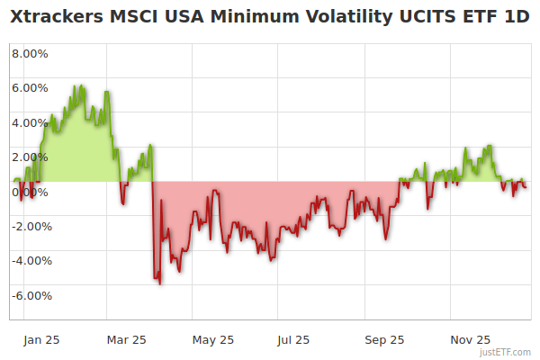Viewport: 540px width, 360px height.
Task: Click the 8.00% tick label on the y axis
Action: (30, 53)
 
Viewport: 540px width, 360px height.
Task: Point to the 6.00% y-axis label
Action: (30, 88)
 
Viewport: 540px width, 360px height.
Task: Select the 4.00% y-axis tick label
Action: (30, 122)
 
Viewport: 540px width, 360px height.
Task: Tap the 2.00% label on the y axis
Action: (30, 157)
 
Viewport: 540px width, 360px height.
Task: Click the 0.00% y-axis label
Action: (30, 192)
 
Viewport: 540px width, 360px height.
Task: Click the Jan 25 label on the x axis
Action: (41, 340)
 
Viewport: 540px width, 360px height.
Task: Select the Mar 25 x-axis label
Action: (126, 340)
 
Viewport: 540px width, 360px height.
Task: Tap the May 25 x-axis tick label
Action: (213, 340)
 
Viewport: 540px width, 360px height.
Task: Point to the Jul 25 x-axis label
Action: (293, 340)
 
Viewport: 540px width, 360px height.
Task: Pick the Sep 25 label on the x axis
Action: (384, 340)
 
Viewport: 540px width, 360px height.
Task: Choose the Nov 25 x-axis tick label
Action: (470, 340)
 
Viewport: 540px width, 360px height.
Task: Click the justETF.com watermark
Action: (507, 352)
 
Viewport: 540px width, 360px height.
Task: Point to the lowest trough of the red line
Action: (160, 284)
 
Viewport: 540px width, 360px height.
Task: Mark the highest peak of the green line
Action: (82, 85)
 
